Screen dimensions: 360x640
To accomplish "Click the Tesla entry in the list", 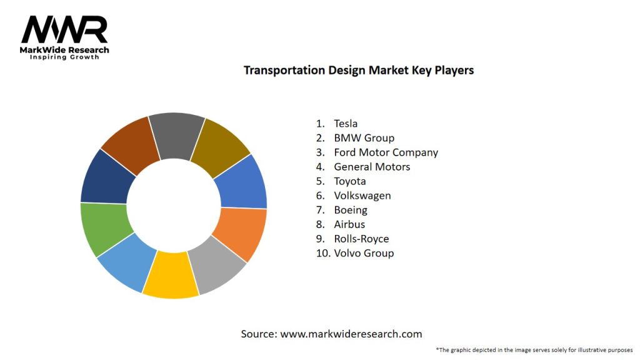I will (346, 124).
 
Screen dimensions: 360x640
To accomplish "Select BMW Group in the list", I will (364, 138).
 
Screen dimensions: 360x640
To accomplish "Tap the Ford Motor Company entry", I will (386, 152).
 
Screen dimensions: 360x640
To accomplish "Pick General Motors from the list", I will (372, 167).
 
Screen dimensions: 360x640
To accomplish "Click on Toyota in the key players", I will (350, 181).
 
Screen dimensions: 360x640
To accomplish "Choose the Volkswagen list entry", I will (362, 196).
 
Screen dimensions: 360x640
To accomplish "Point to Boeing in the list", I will (350, 210).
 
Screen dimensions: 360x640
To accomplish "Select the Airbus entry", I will (349, 224).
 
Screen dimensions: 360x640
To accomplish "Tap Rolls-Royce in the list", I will (361, 239).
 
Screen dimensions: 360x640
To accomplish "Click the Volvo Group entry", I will (364, 253).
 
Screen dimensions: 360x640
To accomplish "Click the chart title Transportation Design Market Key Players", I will (358, 70).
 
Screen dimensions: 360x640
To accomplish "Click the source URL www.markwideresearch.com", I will (351, 334).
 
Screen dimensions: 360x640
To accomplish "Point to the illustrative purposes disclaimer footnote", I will (534, 350).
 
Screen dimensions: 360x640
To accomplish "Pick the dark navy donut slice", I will (107, 179).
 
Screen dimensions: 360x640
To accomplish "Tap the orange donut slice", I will (241, 232).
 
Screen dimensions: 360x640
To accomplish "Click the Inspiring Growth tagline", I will (64, 57).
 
